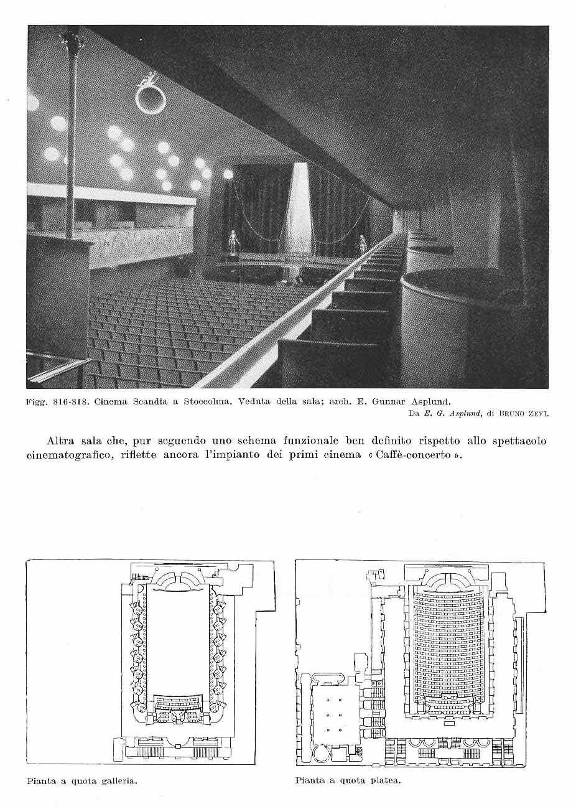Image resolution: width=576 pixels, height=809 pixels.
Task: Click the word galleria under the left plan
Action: click(x=116, y=780)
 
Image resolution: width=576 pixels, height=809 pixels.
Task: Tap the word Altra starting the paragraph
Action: click(x=61, y=441)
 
